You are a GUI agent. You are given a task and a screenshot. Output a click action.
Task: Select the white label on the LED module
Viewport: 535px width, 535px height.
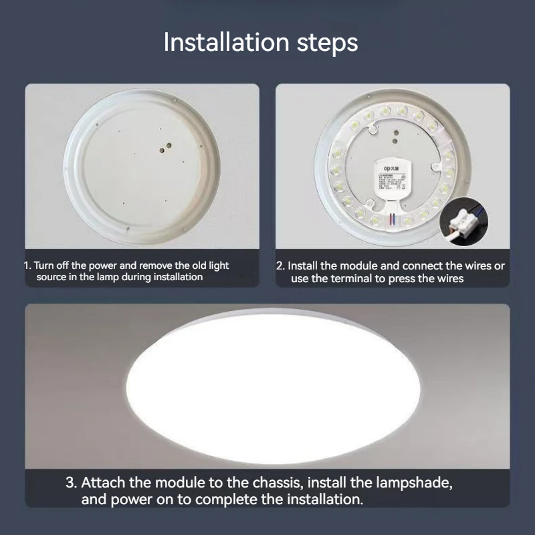(393, 181)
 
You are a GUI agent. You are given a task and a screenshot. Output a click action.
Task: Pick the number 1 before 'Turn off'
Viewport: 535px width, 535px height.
(27, 265)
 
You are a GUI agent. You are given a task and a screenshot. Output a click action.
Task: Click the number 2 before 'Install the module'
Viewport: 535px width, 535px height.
(280, 265)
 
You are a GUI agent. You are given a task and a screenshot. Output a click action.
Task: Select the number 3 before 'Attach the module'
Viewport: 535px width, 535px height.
(70, 482)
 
